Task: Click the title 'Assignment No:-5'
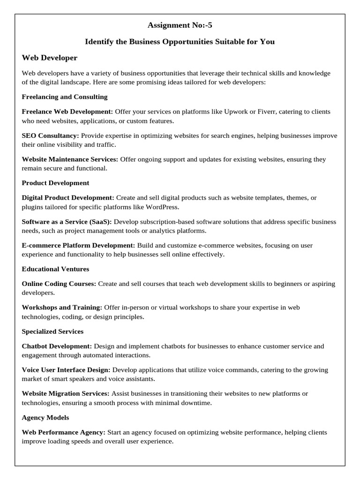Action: pyautogui.click(x=180, y=25)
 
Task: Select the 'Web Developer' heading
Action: pyautogui.click(x=50, y=58)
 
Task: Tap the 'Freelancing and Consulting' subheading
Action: pyautogui.click(x=65, y=97)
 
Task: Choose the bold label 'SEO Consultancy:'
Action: pyautogui.click(x=50, y=135)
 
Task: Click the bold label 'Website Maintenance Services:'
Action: pyautogui.click(x=70, y=159)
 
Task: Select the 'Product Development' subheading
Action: pyautogui.click(x=55, y=183)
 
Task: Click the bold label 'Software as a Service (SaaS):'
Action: pyautogui.click(x=67, y=222)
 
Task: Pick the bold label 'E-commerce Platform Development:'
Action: pyautogui.click(x=78, y=245)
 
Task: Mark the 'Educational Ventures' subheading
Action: pyautogui.click(x=55, y=269)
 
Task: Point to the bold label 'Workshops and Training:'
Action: pyautogui.click(x=62, y=307)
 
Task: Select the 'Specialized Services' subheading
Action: pyautogui.click(x=52, y=331)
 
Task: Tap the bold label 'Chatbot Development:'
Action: pyautogui.click(x=57, y=346)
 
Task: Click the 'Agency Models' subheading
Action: pyautogui.click(x=45, y=417)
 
